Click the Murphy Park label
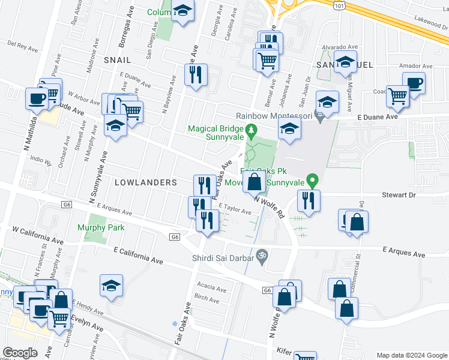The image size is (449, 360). pos(101,227)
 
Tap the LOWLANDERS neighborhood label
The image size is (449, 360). pos(146,182)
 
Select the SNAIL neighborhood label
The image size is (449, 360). pos(116,60)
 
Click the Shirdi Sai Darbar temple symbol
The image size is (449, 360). pos(260,256)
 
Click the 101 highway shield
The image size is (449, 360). pos(340,5)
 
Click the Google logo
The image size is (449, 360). pos(20,353)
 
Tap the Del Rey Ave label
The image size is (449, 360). pos(23,44)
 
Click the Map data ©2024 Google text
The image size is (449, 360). pos(411,355)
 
